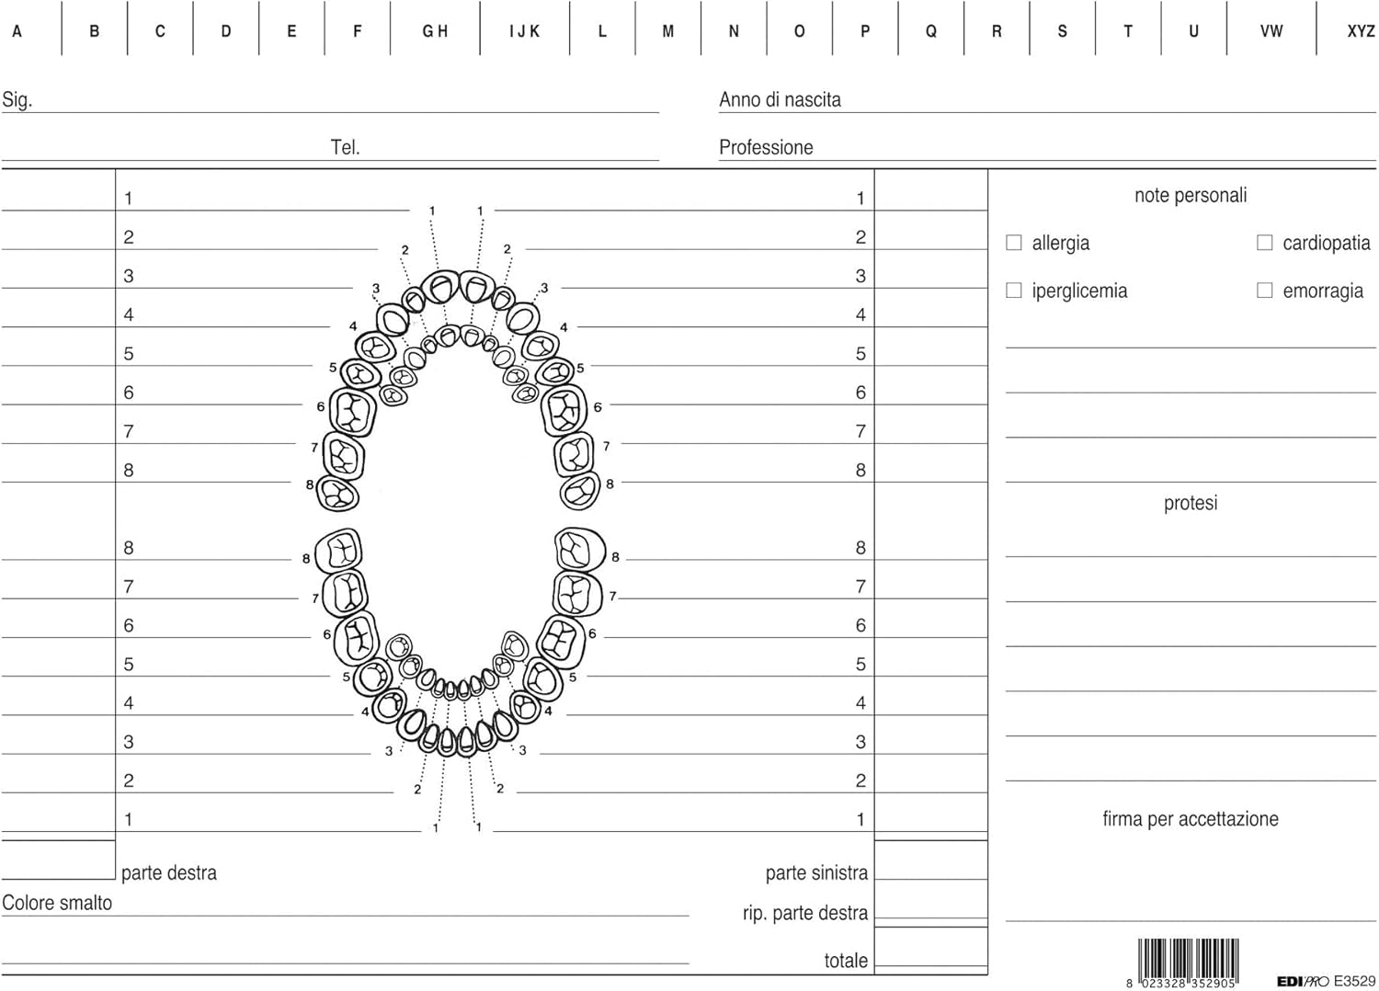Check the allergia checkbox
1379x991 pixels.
(x=1013, y=243)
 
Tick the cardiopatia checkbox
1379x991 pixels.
(x=1264, y=243)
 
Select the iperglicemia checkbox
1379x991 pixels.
(x=1013, y=290)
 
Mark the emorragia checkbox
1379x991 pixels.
(x=1264, y=290)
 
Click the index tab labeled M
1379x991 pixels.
(x=668, y=30)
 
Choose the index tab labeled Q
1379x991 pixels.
(x=930, y=30)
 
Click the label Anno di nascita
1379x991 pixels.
(x=780, y=99)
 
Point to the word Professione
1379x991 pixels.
(x=766, y=147)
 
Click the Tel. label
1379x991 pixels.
(x=345, y=147)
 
